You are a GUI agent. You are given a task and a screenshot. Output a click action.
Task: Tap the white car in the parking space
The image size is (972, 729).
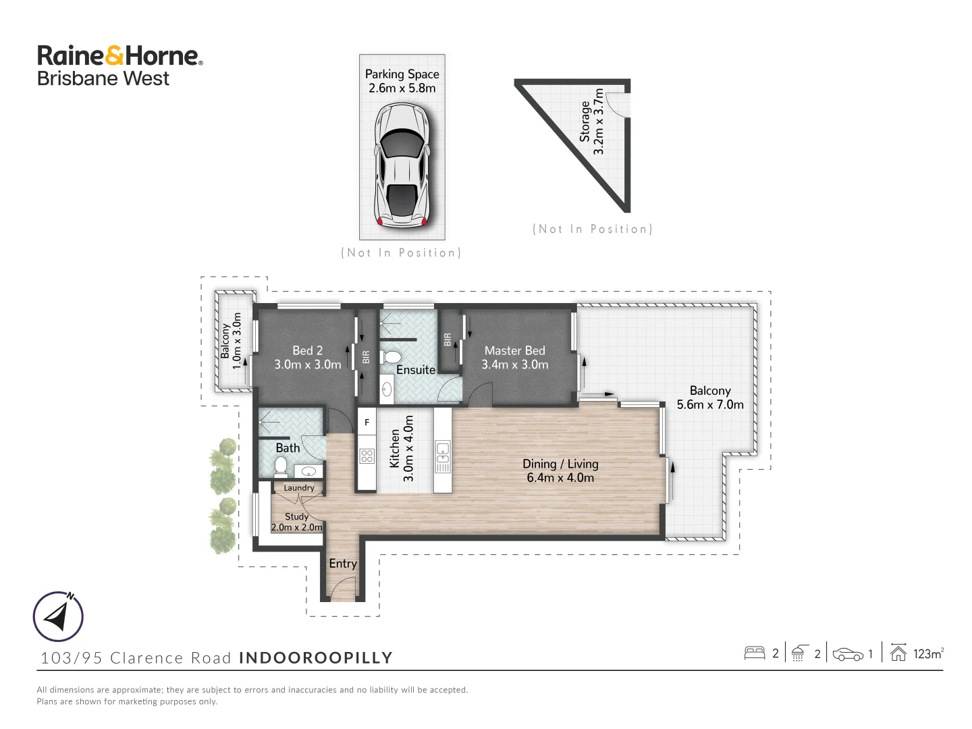pos(402,165)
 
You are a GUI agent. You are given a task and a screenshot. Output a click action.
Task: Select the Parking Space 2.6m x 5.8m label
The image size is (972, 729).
pos(402,81)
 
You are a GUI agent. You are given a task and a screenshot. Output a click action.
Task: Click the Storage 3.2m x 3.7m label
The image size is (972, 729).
pos(591,122)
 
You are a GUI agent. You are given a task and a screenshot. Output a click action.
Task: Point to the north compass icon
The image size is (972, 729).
pos(59,616)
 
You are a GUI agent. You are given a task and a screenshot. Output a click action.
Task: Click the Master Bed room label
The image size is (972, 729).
pos(514,357)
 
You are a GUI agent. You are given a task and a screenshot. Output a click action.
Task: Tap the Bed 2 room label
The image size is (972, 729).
pos(307,357)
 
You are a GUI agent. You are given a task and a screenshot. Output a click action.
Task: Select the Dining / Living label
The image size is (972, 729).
pos(560,470)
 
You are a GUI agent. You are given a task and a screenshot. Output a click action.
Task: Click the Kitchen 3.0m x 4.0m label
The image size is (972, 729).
pos(402,449)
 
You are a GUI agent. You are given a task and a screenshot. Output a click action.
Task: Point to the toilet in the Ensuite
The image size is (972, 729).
pos(391,357)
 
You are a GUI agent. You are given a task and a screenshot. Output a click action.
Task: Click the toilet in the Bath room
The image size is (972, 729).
pos(281,466)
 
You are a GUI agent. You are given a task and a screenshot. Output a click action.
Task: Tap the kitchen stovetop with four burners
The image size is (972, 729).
pos(367,456)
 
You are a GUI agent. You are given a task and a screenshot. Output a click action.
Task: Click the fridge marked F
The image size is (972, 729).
pos(367,423)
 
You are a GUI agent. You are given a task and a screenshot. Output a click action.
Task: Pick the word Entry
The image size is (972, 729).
pos(343,564)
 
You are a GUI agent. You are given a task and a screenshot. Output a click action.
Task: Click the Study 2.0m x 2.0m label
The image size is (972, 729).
pos(297,522)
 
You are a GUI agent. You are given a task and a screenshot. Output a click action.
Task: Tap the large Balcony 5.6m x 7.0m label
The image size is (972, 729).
pos(710,398)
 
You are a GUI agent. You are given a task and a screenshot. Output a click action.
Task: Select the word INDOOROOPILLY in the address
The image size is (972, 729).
pos(316,657)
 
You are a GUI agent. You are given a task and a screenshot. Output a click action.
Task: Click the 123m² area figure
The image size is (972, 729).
pos(928,653)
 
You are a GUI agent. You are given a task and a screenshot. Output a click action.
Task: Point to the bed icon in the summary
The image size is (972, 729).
pos(754,653)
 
